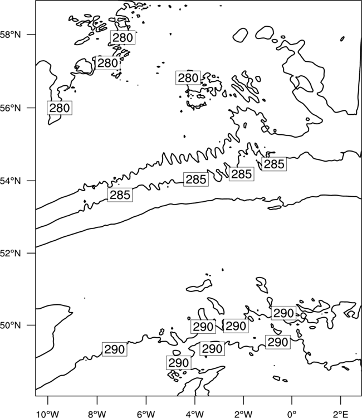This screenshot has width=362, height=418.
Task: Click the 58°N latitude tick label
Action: pos(10,35)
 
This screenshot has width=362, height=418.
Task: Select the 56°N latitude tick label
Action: pos(10,108)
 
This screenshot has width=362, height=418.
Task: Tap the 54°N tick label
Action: pos(10,181)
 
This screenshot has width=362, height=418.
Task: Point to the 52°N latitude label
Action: pos(10,252)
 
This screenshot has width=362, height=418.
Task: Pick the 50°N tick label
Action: pos(10,325)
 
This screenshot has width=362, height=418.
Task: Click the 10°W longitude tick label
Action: pos(47,414)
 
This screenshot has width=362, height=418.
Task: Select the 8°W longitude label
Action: pos(97,414)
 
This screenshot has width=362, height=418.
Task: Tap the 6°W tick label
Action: pos(146,414)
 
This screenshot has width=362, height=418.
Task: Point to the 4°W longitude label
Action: pos(195,414)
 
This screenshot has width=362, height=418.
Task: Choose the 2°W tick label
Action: pos(243,414)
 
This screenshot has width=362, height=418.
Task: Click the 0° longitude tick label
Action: pos(292,414)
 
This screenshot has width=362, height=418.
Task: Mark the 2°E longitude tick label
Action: pos(341,414)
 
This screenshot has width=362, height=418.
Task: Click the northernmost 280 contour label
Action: pos(123,37)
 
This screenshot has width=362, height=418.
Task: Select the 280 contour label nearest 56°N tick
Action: pos(60,108)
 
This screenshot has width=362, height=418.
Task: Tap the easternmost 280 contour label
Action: pos(188,78)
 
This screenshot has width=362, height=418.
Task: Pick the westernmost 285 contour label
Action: pos(120,195)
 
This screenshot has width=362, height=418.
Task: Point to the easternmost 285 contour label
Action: pos(274,164)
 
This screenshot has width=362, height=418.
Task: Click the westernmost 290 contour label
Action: pos(115,349)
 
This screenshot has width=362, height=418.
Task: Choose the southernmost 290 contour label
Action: pos(178,363)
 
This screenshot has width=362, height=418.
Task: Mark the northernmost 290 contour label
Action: pos(283,313)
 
